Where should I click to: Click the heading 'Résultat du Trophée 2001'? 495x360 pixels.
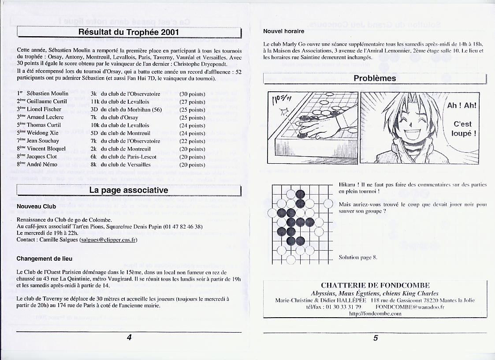pos(129,32)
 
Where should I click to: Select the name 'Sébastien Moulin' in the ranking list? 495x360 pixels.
pos(47,94)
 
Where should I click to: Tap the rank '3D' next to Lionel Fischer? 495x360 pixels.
pos(94,109)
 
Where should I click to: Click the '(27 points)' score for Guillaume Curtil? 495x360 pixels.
pos(192,102)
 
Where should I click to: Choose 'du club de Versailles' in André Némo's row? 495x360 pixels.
pos(126,165)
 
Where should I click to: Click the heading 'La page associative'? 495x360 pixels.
pos(128,190)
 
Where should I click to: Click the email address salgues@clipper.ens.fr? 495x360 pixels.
pos(108,240)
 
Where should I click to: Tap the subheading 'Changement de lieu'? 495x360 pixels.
pos(44,259)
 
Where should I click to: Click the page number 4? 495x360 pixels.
pos(129,337)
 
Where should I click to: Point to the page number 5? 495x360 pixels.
pos(376,338)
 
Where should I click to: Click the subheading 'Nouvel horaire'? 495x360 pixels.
pos(283,31)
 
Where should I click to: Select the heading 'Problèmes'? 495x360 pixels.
pos(375,79)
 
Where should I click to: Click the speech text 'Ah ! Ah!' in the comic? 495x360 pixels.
pos(462,106)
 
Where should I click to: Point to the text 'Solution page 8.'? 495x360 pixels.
pos(358,257)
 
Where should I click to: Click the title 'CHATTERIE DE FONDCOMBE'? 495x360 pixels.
pos(375,285)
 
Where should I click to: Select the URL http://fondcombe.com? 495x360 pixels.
pos(375,314)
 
